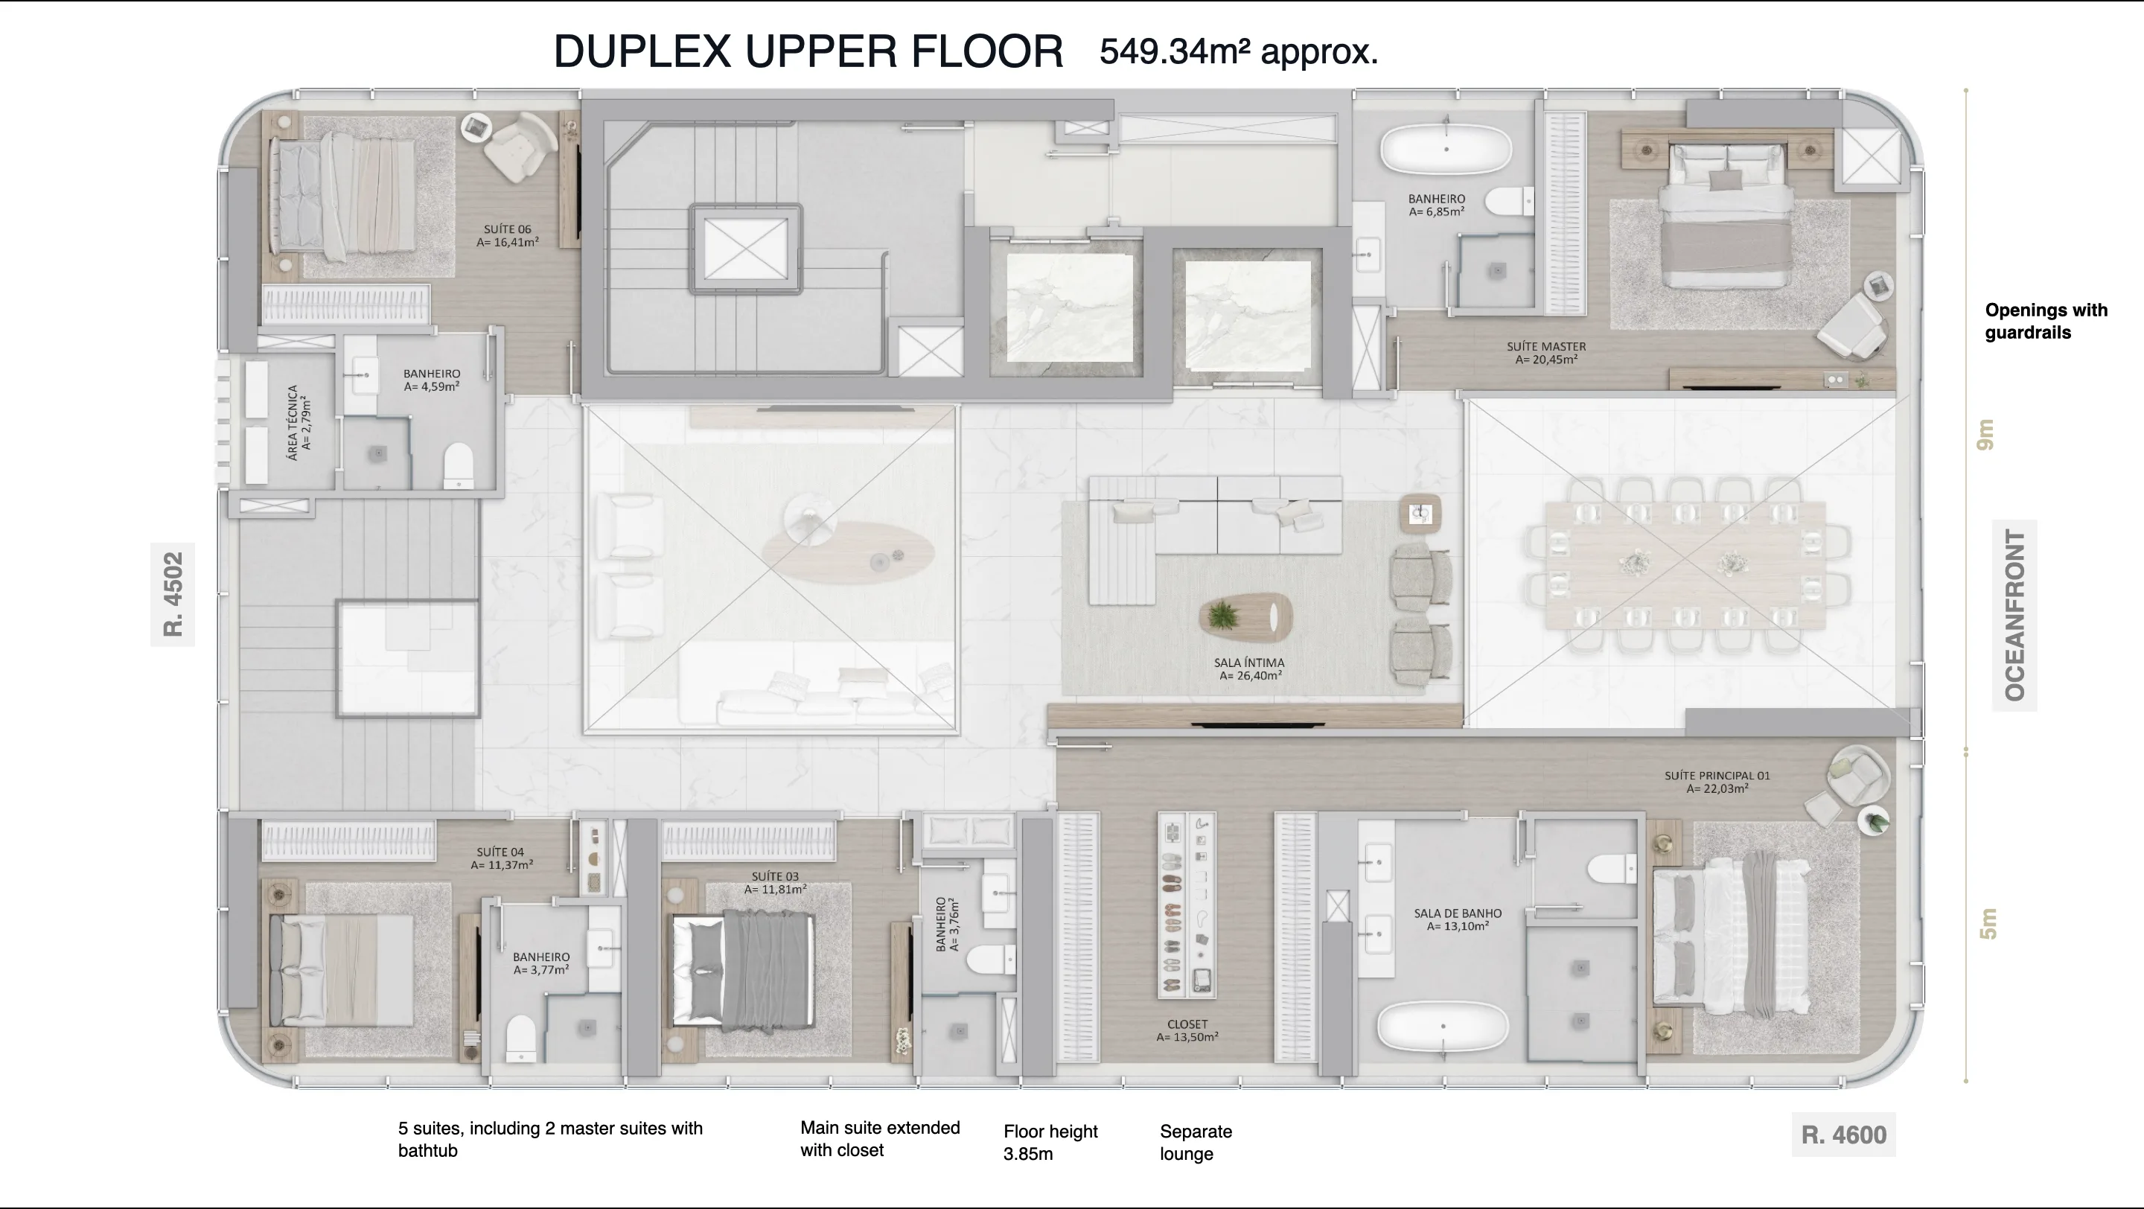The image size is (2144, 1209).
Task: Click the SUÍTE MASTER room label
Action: (1545, 353)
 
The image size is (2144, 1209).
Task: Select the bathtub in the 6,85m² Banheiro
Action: (1446, 149)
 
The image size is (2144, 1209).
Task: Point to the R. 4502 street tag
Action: (172, 594)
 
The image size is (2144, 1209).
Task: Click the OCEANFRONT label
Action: (2014, 615)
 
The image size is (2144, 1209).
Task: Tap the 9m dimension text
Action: (1986, 434)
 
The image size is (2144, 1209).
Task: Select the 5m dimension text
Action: (1988, 924)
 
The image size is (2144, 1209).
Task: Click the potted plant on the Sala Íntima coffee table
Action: (1222, 616)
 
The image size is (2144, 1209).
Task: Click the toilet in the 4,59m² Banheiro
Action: (458, 465)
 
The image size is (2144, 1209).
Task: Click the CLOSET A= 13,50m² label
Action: (1187, 1031)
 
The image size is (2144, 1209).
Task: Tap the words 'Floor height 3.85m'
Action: (1050, 1143)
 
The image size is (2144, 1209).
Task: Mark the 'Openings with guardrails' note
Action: (2046, 321)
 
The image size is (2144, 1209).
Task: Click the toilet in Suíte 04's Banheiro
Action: (521, 1039)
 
